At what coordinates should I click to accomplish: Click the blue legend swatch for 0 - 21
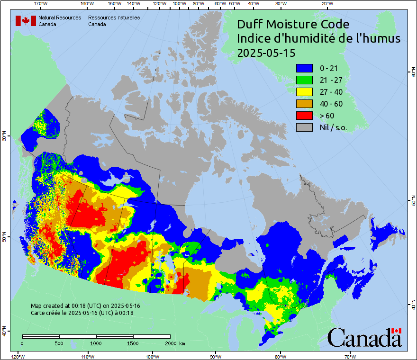click(x=304, y=69)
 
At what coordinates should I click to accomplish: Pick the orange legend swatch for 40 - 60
click(x=304, y=104)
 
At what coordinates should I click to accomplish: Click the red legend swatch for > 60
click(x=304, y=116)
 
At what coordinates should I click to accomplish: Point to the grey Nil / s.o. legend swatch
click(x=304, y=127)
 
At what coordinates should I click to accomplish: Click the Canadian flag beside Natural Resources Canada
click(x=26, y=21)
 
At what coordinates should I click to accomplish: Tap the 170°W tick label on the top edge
click(x=41, y=4)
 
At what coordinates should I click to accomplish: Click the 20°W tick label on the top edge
click(x=326, y=4)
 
